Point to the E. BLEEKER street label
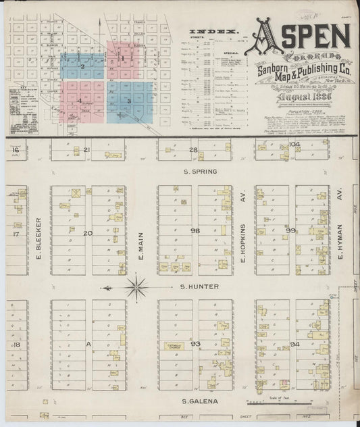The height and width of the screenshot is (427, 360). (x=41, y=238)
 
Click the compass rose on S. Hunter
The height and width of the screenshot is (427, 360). (x=136, y=287)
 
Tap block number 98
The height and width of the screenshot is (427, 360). (x=196, y=230)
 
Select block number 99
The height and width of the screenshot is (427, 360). (x=291, y=230)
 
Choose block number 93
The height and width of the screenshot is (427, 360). (x=196, y=344)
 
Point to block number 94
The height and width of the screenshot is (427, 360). (x=294, y=344)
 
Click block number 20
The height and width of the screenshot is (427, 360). (x=87, y=233)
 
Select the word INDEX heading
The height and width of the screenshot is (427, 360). (x=205, y=32)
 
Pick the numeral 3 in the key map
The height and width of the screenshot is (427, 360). (x=128, y=101)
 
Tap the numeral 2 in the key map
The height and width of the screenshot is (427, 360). (x=82, y=66)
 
